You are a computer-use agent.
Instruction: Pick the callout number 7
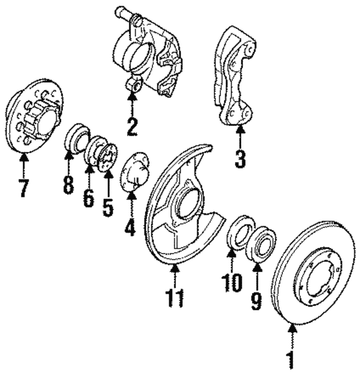click(23, 187)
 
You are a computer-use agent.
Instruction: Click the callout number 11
click(175, 296)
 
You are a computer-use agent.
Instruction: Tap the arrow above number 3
click(240, 137)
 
